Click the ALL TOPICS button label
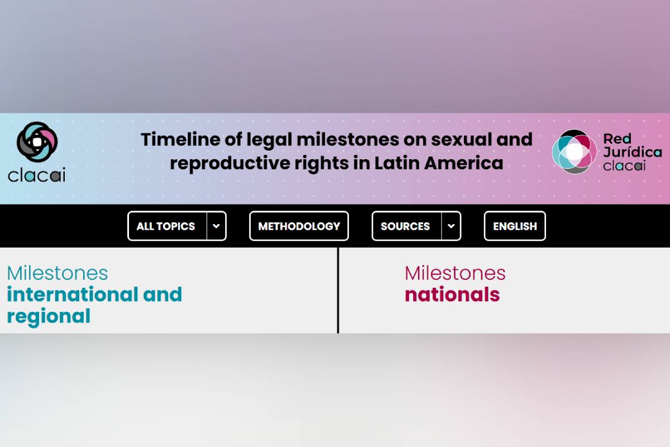tap(166, 226)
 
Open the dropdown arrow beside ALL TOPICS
tap(216, 226)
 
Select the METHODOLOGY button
tap(299, 226)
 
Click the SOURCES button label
tap(405, 226)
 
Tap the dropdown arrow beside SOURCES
tap(451, 226)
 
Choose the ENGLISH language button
tap(515, 226)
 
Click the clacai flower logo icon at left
tap(37, 142)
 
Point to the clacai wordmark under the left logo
tap(36, 175)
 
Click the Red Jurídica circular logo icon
tap(575, 152)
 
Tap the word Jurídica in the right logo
tap(632, 152)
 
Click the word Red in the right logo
tap(617, 139)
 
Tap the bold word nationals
tap(452, 294)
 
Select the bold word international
tap(73, 294)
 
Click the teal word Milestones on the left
tap(57, 273)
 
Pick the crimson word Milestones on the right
tap(455, 273)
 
